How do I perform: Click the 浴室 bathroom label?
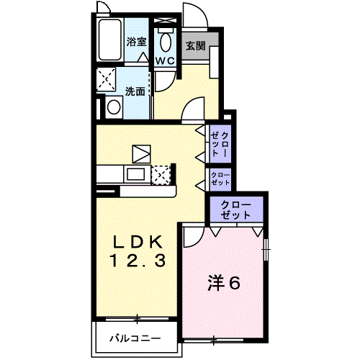click(x=136, y=42)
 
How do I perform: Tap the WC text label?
click(x=165, y=60)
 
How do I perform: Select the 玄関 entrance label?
click(x=196, y=46)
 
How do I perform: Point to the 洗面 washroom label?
click(x=135, y=91)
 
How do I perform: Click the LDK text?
click(x=138, y=243)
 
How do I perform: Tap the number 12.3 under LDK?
click(x=138, y=261)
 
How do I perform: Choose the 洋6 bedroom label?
click(x=224, y=283)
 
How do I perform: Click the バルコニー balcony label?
click(x=135, y=338)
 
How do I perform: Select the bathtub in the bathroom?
click(x=109, y=40)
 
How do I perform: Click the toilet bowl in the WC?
click(x=166, y=42)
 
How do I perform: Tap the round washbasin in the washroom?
click(x=114, y=107)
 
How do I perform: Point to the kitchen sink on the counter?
click(x=136, y=174)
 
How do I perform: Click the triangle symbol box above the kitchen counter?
click(x=142, y=154)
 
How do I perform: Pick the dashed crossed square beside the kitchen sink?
click(x=161, y=175)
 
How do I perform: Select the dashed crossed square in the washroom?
click(x=106, y=79)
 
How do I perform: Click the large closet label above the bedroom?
click(x=235, y=210)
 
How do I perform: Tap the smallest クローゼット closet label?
click(x=220, y=179)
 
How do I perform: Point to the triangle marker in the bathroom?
click(x=144, y=57)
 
